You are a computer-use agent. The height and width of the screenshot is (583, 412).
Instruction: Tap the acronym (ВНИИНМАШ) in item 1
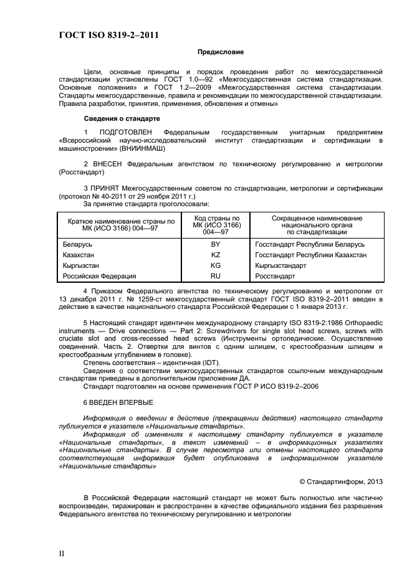pos(145,149)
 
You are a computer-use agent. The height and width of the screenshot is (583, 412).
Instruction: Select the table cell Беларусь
pos(77,245)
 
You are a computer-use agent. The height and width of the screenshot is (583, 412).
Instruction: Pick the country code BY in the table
pos(215,245)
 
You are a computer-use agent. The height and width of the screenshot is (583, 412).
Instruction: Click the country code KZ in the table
pos(215,255)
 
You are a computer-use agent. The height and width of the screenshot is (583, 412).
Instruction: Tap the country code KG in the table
pos(215,265)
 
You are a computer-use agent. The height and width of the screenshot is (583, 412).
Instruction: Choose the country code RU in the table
pos(215,275)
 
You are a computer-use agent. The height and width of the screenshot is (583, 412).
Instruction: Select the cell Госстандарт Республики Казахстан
pos(310,255)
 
